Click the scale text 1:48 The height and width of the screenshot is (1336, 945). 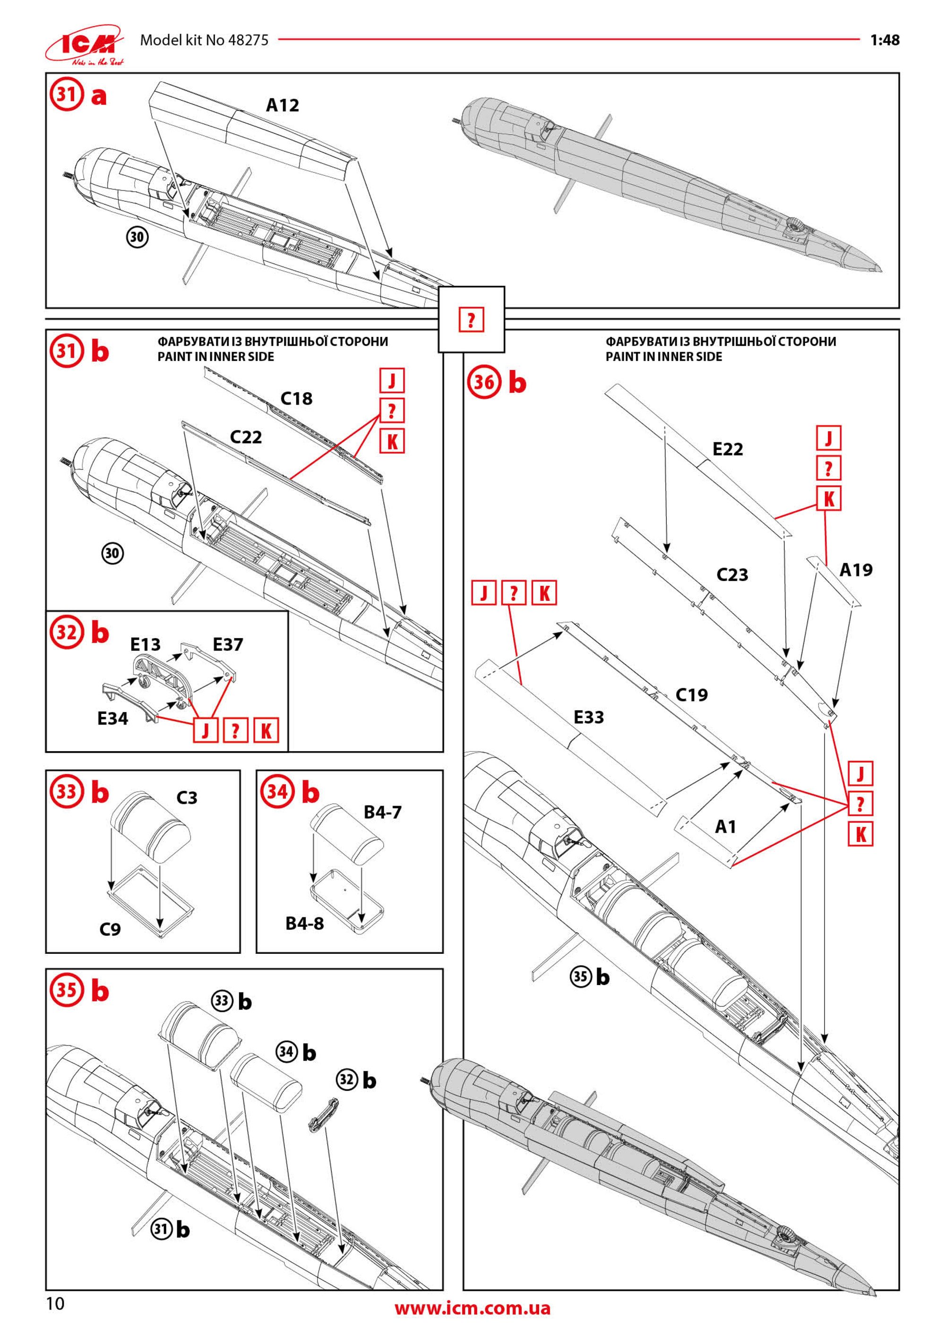(x=885, y=40)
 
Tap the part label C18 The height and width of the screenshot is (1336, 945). (x=296, y=399)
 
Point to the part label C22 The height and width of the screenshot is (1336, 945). (x=246, y=437)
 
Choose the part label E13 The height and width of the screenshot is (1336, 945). (x=145, y=645)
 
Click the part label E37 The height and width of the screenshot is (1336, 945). (x=228, y=645)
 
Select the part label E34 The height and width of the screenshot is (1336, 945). (x=112, y=719)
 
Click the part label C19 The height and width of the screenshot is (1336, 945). (x=691, y=695)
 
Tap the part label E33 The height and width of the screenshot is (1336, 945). (x=588, y=718)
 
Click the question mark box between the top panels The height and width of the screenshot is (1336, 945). (x=472, y=319)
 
